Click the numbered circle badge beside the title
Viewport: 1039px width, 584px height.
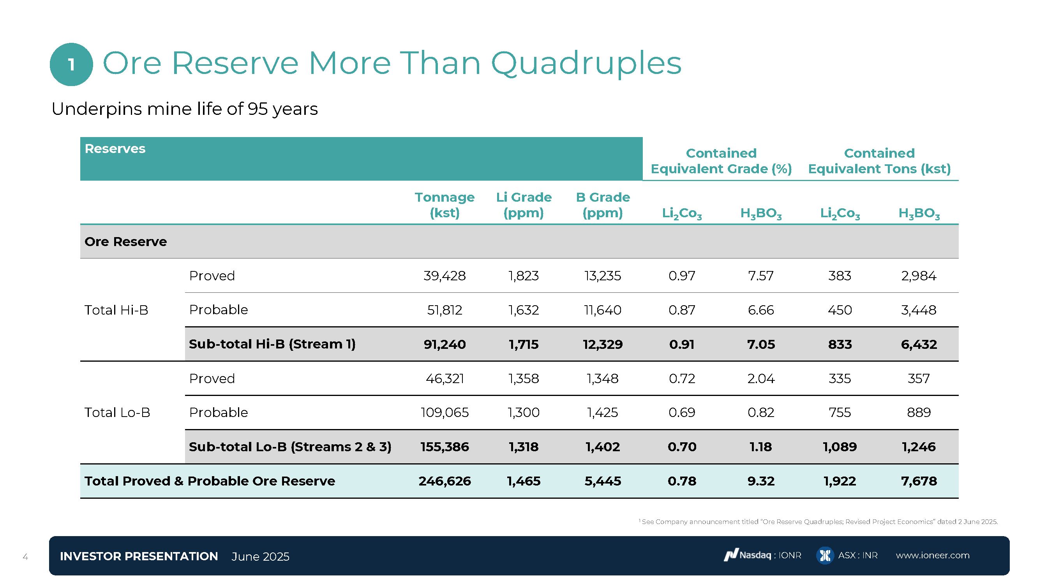[x=71, y=65]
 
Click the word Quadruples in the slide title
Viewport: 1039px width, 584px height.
[x=586, y=63]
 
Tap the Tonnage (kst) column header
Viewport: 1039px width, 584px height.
[x=445, y=205]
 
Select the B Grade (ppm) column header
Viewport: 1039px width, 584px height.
[x=603, y=205]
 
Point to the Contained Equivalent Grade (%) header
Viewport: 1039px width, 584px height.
[x=721, y=161]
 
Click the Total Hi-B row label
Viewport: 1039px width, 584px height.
[x=116, y=310]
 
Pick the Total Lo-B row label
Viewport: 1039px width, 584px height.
[x=117, y=412]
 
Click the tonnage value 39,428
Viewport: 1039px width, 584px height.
[x=445, y=276]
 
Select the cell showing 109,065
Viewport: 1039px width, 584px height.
[x=445, y=412]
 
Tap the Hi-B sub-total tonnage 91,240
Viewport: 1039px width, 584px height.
[x=445, y=344]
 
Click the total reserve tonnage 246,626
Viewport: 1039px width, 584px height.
[x=445, y=481]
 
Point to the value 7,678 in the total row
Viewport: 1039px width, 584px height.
[x=919, y=481]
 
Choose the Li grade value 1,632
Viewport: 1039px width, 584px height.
[x=524, y=310]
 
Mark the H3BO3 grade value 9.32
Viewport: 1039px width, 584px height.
[x=761, y=481]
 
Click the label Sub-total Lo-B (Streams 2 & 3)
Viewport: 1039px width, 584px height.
[x=290, y=447]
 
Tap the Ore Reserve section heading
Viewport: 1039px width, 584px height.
[x=125, y=241]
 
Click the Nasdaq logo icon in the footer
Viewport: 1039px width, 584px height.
[x=730, y=556]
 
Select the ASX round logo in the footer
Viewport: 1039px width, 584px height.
[x=825, y=556]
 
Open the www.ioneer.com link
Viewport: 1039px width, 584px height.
[x=933, y=556]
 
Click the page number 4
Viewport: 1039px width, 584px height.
[x=25, y=557]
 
